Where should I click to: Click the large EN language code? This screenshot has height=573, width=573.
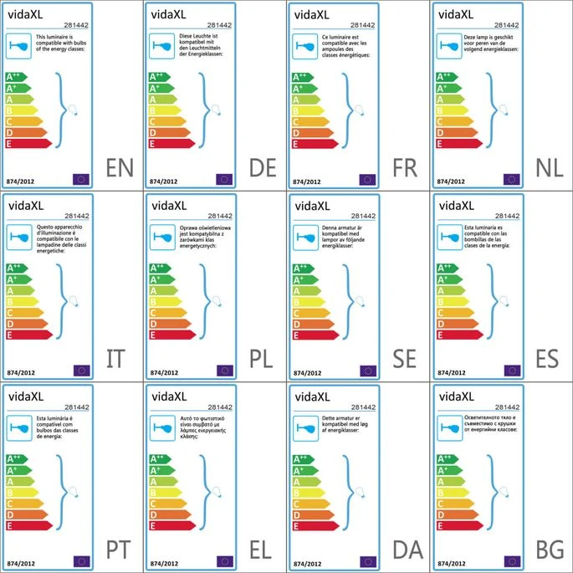tap(120, 169)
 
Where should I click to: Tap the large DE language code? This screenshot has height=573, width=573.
tap(263, 169)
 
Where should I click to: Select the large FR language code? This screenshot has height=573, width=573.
tap(405, 169)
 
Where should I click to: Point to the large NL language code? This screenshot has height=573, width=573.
tap(549, 169)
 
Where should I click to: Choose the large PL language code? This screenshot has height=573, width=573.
tap(263, 360)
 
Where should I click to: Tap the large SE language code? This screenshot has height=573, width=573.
tap(405, 360)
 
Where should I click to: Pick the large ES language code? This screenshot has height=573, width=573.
tap(549, 360)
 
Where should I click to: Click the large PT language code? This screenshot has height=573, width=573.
tap(120, 550)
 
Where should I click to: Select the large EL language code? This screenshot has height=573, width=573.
tap(263, 550)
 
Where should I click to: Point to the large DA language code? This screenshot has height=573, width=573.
tap(407, 550)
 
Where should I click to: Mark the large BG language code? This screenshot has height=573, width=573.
tap(550, 550)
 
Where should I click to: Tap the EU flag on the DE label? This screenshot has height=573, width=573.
tap(223, 178)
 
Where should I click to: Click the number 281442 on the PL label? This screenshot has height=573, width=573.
tap(218, 216)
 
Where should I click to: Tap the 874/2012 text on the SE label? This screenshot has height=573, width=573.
tap(306, 371)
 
